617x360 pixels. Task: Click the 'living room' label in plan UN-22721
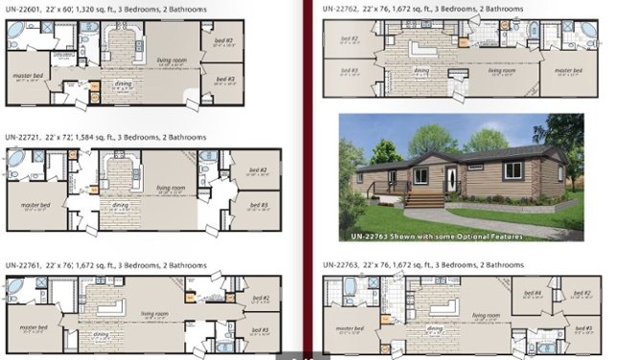171,189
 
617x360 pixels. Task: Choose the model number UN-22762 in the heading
342,8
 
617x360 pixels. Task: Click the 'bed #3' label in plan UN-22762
348,70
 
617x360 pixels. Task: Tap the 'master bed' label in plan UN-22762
570,70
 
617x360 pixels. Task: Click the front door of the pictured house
449,177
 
